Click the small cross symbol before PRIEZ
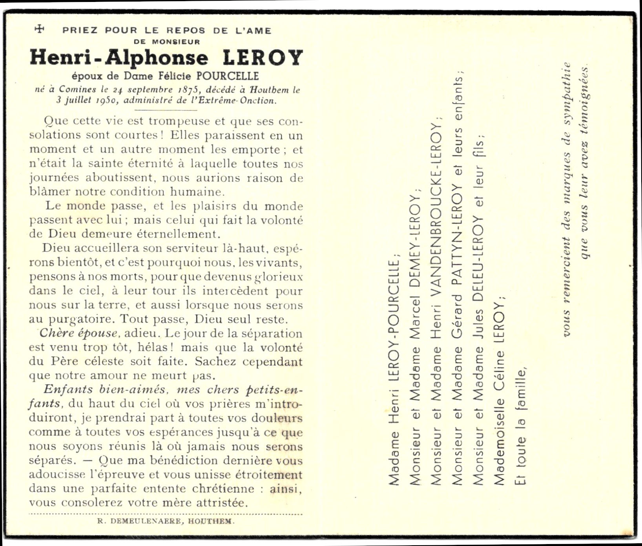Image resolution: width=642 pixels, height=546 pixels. [x=39, y=29]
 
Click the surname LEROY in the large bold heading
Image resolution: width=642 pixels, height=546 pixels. [x=263, y=58]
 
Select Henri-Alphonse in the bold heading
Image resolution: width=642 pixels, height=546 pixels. [x=119, y=58]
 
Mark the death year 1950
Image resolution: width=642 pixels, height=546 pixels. [x=104, y=100]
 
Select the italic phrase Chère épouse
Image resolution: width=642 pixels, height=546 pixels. [x=79, y=333]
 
